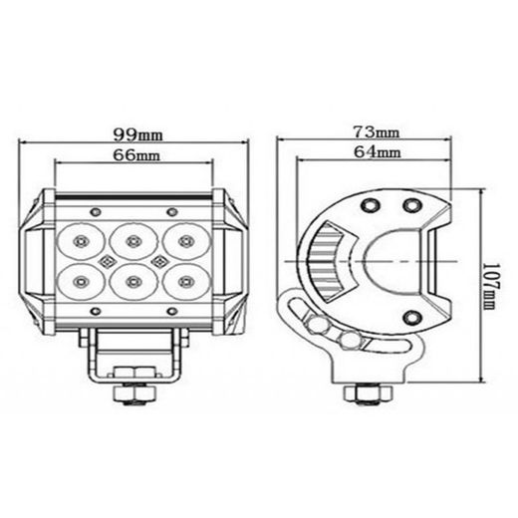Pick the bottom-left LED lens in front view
click(80, 278)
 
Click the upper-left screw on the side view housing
click(369, 203)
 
